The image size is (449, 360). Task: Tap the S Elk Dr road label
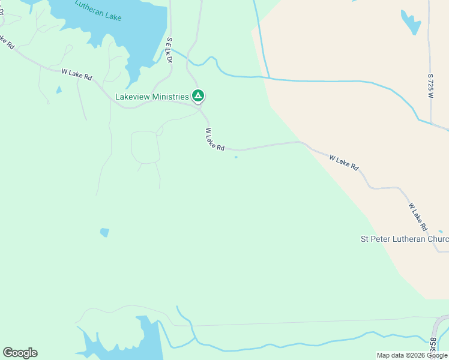(x=169, y=50)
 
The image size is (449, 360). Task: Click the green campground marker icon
(x=197, y=95)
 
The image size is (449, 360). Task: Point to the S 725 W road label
(x=431, y=87)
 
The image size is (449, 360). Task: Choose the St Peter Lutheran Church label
(x=404, y=239)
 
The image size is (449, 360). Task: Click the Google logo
(x=20, y=352)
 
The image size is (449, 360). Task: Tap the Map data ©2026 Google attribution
(x=412, y=355)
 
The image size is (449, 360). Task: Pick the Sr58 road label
(x=433, y=348)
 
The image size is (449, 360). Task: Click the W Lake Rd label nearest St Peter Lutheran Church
(x=418, y=217)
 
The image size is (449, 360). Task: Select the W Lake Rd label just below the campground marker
(x=214, y=139)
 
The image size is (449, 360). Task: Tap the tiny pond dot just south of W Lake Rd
(x=236, y=157)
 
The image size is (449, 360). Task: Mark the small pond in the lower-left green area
(x=105, y=232)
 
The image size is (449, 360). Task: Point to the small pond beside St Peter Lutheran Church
(x=441, y=232)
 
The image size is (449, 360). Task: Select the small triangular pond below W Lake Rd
(x=58, y=90)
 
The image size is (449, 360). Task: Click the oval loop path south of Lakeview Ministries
(x=145, y=147)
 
